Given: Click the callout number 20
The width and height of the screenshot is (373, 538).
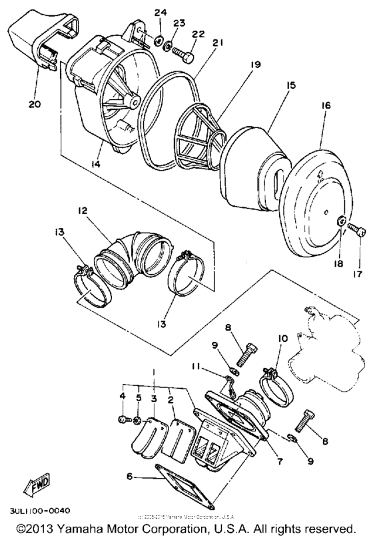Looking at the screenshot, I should tap(35, 105).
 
